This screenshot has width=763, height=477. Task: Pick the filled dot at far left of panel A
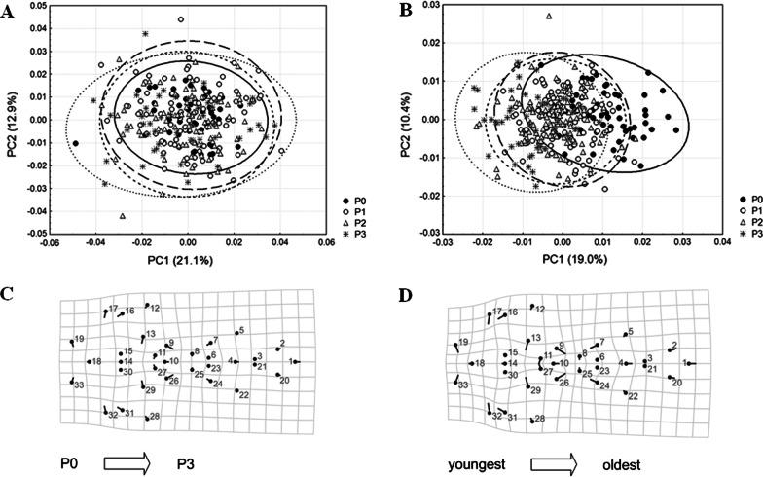coord(75,143)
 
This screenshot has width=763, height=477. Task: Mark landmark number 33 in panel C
coord(78,386)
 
